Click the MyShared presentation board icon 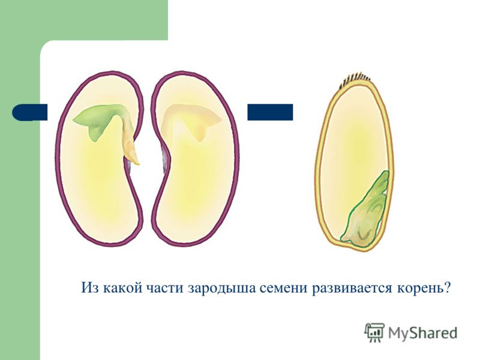tap(374, 332)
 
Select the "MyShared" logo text tap(422, 332)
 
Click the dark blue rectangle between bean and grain tap(270, 112)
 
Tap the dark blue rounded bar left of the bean tap(29, 112)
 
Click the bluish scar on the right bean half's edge tap(166, 158)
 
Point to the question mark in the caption tap(448, 288)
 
